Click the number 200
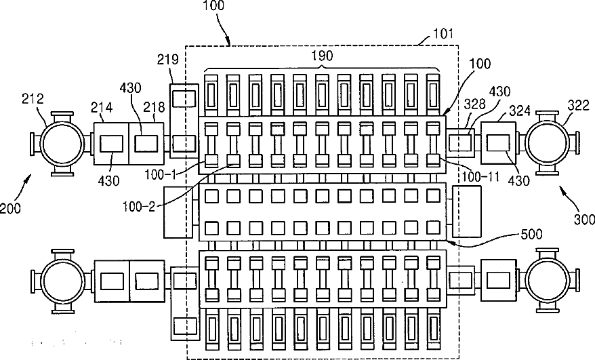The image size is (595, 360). (12, 208)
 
